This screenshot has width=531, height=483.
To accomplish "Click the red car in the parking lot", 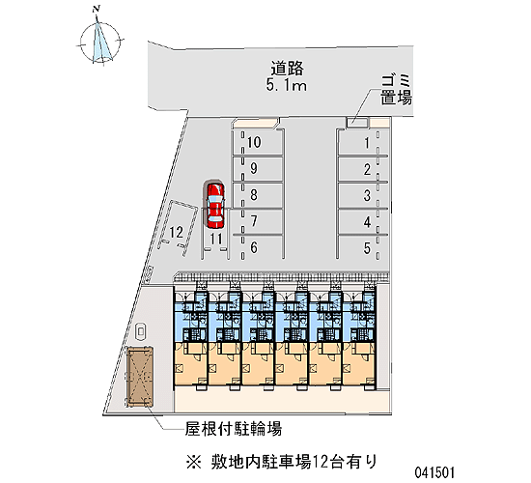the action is tap(215, 205).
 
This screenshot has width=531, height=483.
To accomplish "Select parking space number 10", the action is tap(258, 143).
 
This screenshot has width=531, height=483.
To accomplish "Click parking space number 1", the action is tap(362, 143).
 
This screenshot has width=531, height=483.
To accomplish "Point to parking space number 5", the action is tap(362, 247).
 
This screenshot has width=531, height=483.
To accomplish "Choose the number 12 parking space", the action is tap(178, 228).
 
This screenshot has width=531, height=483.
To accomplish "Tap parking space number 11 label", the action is tap(216, 239).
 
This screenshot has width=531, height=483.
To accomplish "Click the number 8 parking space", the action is tap(258, 195).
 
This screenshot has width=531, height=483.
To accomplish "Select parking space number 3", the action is tap(362, 195).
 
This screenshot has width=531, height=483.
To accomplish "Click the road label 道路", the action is tap(287, 69).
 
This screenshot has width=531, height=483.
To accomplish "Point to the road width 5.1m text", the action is tap(287, 85).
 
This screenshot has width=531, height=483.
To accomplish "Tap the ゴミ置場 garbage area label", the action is tap(396, 90).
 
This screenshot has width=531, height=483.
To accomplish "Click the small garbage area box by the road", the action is tap(357, 122).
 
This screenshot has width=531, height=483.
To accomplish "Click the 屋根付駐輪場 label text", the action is tap(234, 429).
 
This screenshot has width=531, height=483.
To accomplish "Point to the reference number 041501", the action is tap(434, 472).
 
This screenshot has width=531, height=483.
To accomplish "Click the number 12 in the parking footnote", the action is tap(321, 462).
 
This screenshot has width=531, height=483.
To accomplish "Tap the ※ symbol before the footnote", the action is tap(194, 462).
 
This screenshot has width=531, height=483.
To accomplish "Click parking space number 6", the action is tap(258, 247).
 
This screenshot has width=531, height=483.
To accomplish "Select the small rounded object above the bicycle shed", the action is tap(140, 331).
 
